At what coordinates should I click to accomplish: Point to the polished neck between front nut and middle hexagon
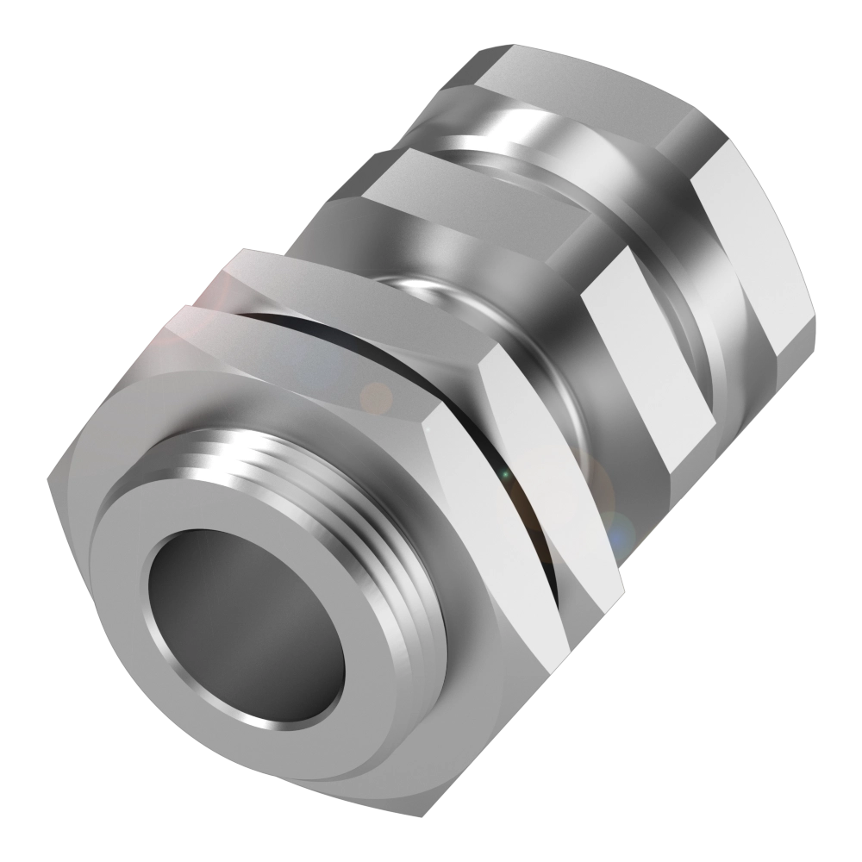pos(431,284)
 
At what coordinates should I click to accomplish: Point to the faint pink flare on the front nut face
pos(375,397)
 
